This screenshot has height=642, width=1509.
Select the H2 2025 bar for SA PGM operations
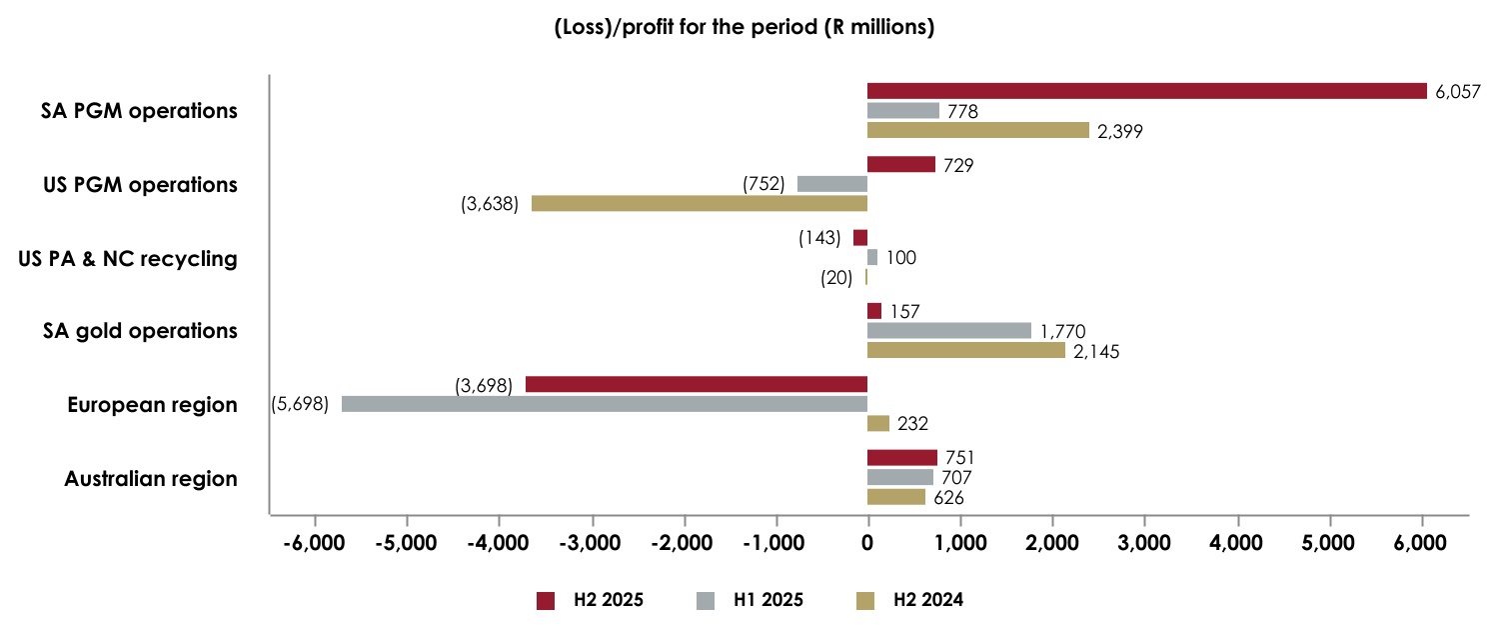(1146, 91)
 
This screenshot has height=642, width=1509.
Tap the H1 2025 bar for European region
(605, 404)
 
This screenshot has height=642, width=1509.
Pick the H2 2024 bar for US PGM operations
(700, 204)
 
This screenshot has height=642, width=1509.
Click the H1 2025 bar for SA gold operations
(949, 331)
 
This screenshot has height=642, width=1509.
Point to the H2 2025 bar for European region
(697, 385)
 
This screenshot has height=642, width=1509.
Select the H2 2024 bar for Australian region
(896, 497)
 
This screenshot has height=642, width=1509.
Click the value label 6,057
(1457, 92)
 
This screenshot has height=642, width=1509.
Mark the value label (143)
(819, 238)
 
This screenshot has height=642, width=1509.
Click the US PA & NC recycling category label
(128, 259)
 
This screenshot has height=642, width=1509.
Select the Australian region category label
(151, 479)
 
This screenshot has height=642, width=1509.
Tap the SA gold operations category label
(140, 331)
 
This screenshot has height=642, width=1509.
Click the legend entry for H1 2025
(750, 601)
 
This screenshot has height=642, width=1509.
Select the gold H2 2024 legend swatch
(865, 601)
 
